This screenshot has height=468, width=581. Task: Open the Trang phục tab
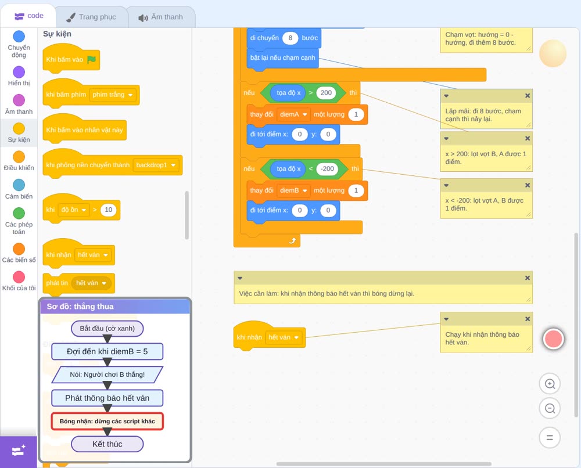[x=91, y=17]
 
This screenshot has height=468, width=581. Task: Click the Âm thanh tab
[x=161, y=17]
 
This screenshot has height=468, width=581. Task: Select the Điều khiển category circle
[x=19, y=157]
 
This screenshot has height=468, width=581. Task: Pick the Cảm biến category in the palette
[x=19, y=185]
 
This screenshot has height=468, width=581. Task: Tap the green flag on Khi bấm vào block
[x=91, y=59]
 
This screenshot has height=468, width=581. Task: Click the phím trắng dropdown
[x=113, y=95]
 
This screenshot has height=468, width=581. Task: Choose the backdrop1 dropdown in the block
[x=156, y=165]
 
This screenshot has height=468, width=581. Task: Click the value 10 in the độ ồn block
[x=108, y=210]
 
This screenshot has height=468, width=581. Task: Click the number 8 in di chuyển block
[x=290, y=38]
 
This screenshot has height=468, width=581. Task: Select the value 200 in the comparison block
[x=326, y=93]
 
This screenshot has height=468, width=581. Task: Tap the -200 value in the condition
[x=327, y=169]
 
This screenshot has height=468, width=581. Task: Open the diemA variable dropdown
[x=293, y=114]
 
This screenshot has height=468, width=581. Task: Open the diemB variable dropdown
[x=293, y=190]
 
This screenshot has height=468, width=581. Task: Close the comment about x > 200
[x=528, y=138]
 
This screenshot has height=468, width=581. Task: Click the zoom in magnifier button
[x=550, y=384]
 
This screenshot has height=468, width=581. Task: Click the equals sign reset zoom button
[x=550, y=438]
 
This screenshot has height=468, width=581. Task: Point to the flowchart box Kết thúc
[x=107, y=444]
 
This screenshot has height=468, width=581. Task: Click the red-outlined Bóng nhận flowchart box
[x=107, y=422]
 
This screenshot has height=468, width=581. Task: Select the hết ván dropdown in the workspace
[x=284, y=337]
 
